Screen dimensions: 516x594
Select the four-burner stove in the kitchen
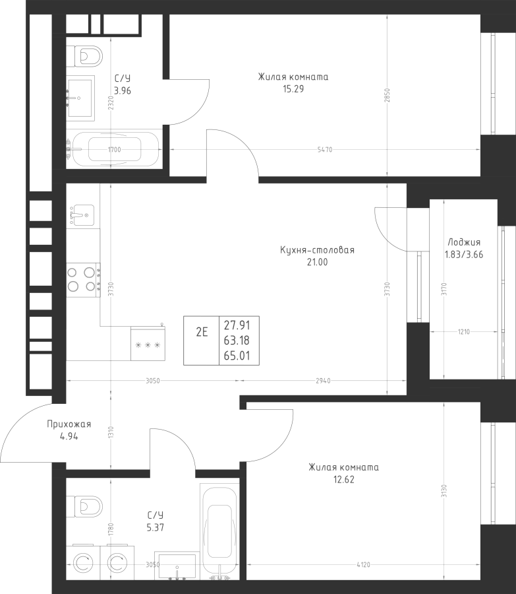(x=83, y=280)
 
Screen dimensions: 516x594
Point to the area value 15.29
(x=293, y=89)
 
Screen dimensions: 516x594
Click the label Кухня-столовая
(x=318, y=250)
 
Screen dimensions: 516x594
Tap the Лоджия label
(x=464, y=242)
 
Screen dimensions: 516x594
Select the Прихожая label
(x=69, y=424)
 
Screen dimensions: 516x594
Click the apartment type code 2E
(x=202, y=332)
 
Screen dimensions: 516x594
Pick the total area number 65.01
(x=237, y=356)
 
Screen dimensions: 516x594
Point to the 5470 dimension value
(x=325, y=150)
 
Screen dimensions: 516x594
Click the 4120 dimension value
(x=363, y=565)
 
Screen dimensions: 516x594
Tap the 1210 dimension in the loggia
(x=464, y=332)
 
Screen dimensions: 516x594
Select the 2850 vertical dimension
(x=387, y=96)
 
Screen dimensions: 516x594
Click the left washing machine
(x=83, y=562)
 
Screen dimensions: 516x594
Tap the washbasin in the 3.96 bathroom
(x=80, y=98)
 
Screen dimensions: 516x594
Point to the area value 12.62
(x=344, y=480)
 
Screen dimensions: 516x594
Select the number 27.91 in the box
(x=237, y=325)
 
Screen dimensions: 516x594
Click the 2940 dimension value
(x=323, y=381)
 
